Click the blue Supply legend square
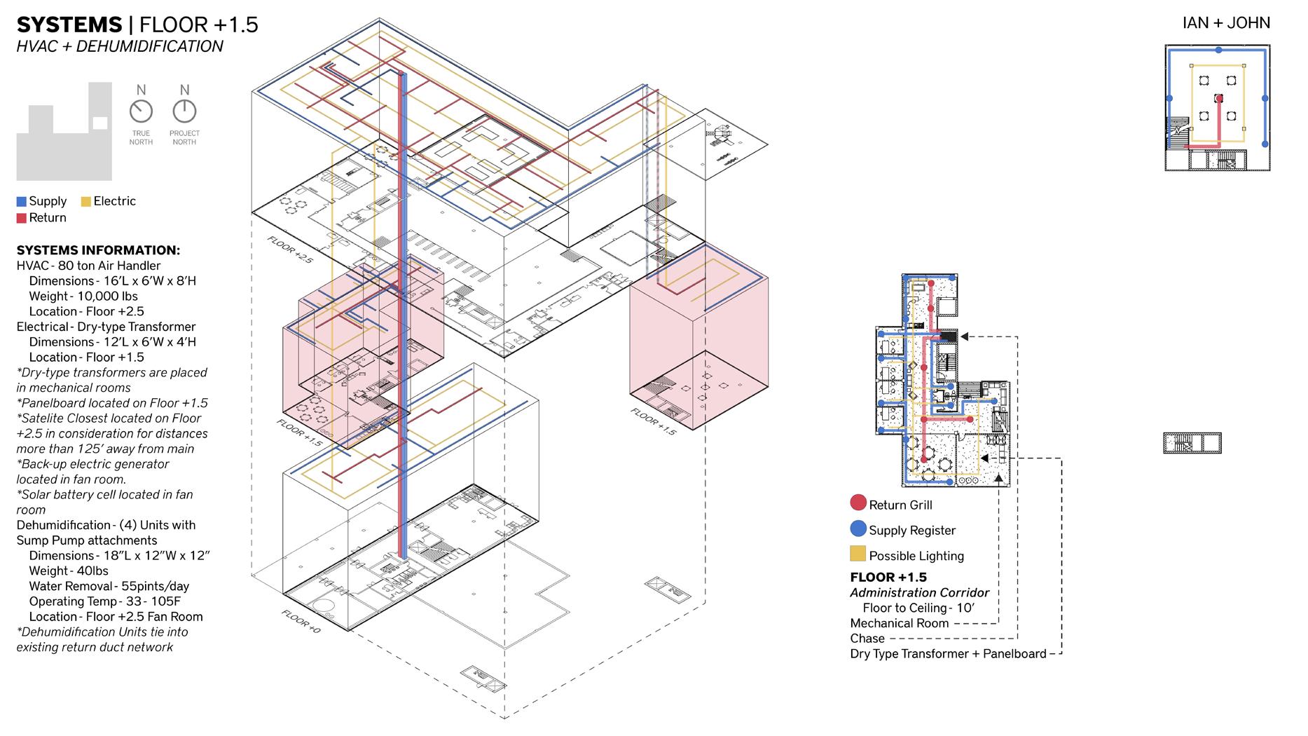tap(21, 202)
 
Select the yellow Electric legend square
tap(86, 202)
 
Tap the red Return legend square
tap(21, 219)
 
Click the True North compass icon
tap(141, 111)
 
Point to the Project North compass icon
tap(184, 111)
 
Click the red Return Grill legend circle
tap(858, 503)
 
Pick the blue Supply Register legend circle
tap(858, 529)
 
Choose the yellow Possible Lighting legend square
tap(858, 554)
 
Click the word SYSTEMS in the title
tap(69, 25)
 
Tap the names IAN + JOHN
tap(1226, 23)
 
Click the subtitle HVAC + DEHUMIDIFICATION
tap(120, 47)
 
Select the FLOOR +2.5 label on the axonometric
tap(290, 249)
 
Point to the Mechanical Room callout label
tap(899, 623)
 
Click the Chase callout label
tap(867, 639)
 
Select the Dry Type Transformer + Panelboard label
tap(948, 654)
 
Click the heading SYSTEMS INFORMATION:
tap(98, 250)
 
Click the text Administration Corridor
tap(919, 593)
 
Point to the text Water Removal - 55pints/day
tap(109, 586)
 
